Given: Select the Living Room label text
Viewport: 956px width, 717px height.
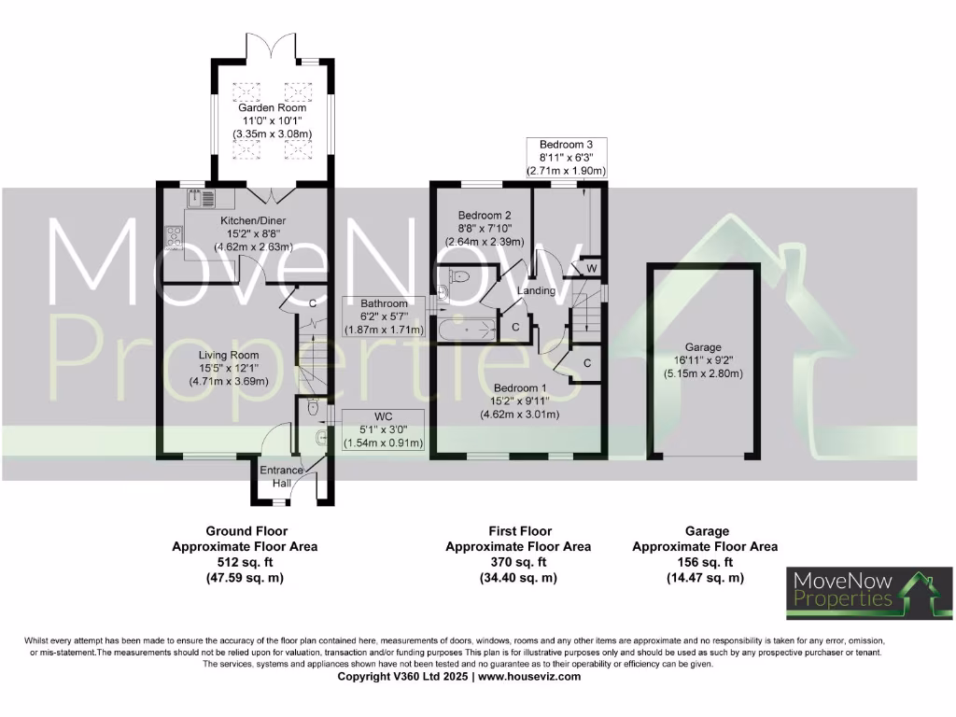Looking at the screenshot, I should (x=229, y=355).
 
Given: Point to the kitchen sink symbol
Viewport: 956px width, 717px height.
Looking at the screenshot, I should (x=201, y=198).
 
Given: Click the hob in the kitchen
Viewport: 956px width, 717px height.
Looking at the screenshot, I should (x=173, y=238).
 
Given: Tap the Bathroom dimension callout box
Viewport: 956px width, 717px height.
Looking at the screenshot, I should (x=385, y=316).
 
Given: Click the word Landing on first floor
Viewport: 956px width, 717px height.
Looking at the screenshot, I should (x=537, y=290).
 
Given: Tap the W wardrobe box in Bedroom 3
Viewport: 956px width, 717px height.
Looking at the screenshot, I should (x=592, y=269).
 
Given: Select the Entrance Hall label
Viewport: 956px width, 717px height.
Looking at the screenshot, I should (x=281, y=476).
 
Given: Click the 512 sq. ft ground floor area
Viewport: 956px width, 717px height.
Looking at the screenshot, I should (x=245, y=562).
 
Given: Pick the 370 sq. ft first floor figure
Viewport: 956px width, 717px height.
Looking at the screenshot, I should (x=518, y=562).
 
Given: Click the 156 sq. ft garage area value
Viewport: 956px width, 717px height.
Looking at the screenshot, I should (x=705, y=562).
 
